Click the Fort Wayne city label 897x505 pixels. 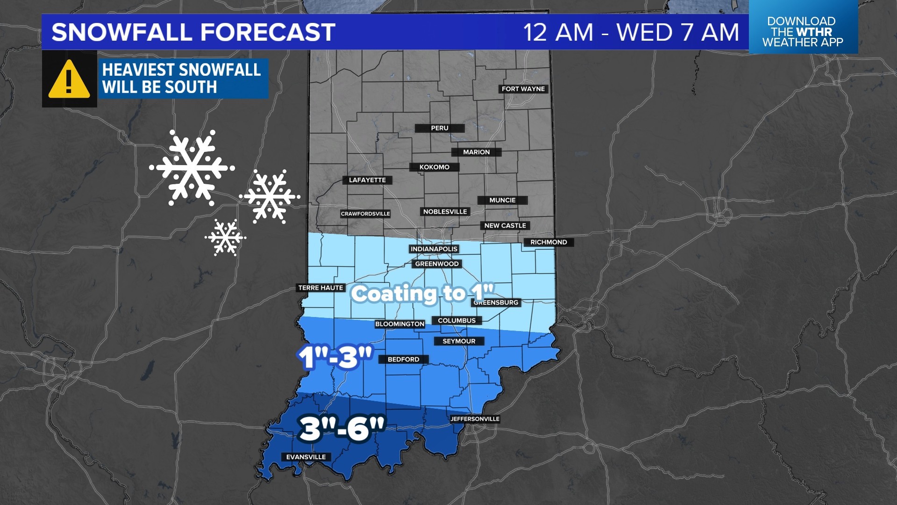click(x=523, y=89)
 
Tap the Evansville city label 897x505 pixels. click(x=306, y=457)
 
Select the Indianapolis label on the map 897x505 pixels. click(x=434, y=249)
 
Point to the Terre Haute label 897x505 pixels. click(x=320, y=288)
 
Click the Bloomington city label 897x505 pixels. click(x=400, y=324)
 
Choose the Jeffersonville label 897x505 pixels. click(x=475, y=419)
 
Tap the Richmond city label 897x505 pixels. click(x=548, y=242)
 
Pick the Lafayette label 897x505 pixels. click(x=367, y=180)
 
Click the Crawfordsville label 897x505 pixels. click(x=365, y=214)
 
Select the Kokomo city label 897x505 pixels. click(x=434, y=167)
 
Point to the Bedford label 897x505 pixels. click(x=404, y=360)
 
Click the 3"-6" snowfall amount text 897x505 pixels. click(x=342, y=428)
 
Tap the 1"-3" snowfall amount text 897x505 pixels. click(x=335, y=358)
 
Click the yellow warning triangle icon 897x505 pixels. click(x=69, y=79)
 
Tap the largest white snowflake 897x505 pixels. click(x=192, y=167)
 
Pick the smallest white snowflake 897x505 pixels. click(x=226, y=237)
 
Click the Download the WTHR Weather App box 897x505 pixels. click(x=803, y=31)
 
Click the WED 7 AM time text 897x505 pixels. click(x=677, y=32)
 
